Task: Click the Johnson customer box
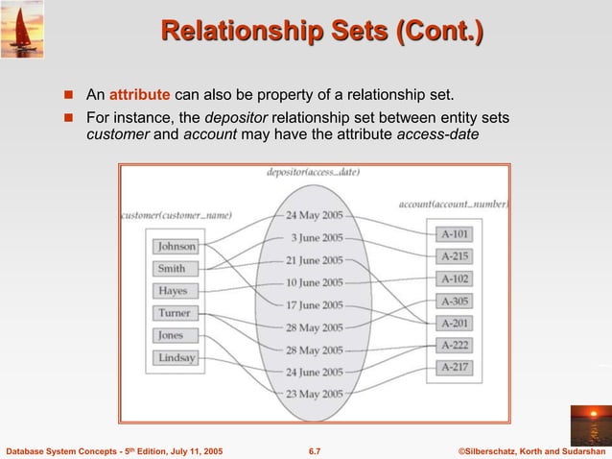[x=176, y=247]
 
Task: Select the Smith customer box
[x=173, y=269]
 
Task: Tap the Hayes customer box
[x=173, y=291]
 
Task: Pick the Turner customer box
[x=174, y=313]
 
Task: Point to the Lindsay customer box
[x=176, y=358]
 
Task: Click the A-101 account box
[x=455, y=233]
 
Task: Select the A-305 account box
[x=455, y=301]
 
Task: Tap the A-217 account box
[x=455, y=367]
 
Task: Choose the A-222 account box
[x=455, y=345]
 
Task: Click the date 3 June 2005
[x=318, y=237]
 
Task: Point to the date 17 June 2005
[x=314, y=305]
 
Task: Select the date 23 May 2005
[x=314, y=394]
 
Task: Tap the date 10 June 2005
[x=314, y=282]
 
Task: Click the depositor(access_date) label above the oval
[x=314, y=173]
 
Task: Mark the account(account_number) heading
[x=454, y=205]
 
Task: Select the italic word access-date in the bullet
[x=437, y=134]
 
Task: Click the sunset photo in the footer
[x=589, y=423]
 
